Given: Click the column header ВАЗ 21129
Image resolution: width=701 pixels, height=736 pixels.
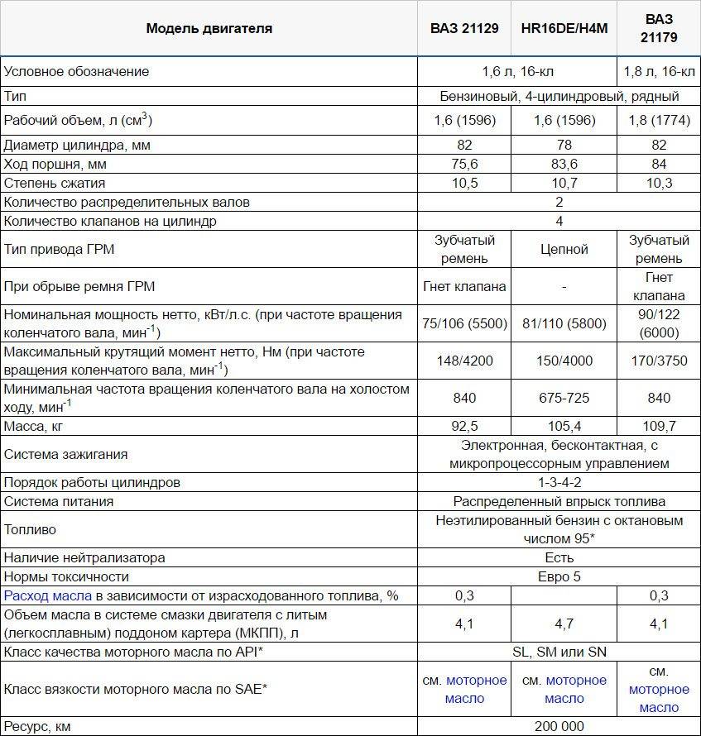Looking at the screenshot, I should click(x=463, y=28).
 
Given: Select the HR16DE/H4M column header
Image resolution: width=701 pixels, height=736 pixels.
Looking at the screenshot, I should click(x=564, y=28).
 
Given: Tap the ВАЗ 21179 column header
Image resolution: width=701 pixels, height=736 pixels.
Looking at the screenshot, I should click(x=659, y=28).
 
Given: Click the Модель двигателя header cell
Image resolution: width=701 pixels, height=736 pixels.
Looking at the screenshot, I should click(x=209, y=28).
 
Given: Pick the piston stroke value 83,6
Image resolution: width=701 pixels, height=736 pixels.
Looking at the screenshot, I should click(x=564, y=164).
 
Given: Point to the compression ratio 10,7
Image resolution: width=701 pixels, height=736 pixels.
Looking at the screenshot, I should click(x=564, y=183).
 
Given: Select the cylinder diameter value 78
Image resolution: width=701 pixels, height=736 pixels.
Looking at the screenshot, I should click(x=564, y=145).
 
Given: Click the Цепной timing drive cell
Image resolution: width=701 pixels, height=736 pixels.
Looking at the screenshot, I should click(x=564, y=250).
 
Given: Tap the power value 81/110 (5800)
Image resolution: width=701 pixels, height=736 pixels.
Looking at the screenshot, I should click(x=564, y=324).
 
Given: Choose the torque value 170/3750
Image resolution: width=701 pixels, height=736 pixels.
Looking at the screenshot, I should click(x=659, y=361).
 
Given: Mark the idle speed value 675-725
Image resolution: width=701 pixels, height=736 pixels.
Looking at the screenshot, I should click(x=564, y=399).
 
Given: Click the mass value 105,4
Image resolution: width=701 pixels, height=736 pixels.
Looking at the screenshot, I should click(x=564, y=427).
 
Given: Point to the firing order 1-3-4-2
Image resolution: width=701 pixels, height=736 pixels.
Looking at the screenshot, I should click(x=559, y=482).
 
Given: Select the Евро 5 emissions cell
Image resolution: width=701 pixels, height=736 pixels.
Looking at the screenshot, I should click(x=559, y=576).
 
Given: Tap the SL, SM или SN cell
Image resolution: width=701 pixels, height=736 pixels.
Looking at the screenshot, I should click(x=559, y=652).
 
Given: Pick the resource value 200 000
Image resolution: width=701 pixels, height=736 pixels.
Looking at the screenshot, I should click(x=559, y=726).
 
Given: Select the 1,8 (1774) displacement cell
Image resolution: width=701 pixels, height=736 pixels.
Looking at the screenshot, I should click(x=659, y=121).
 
